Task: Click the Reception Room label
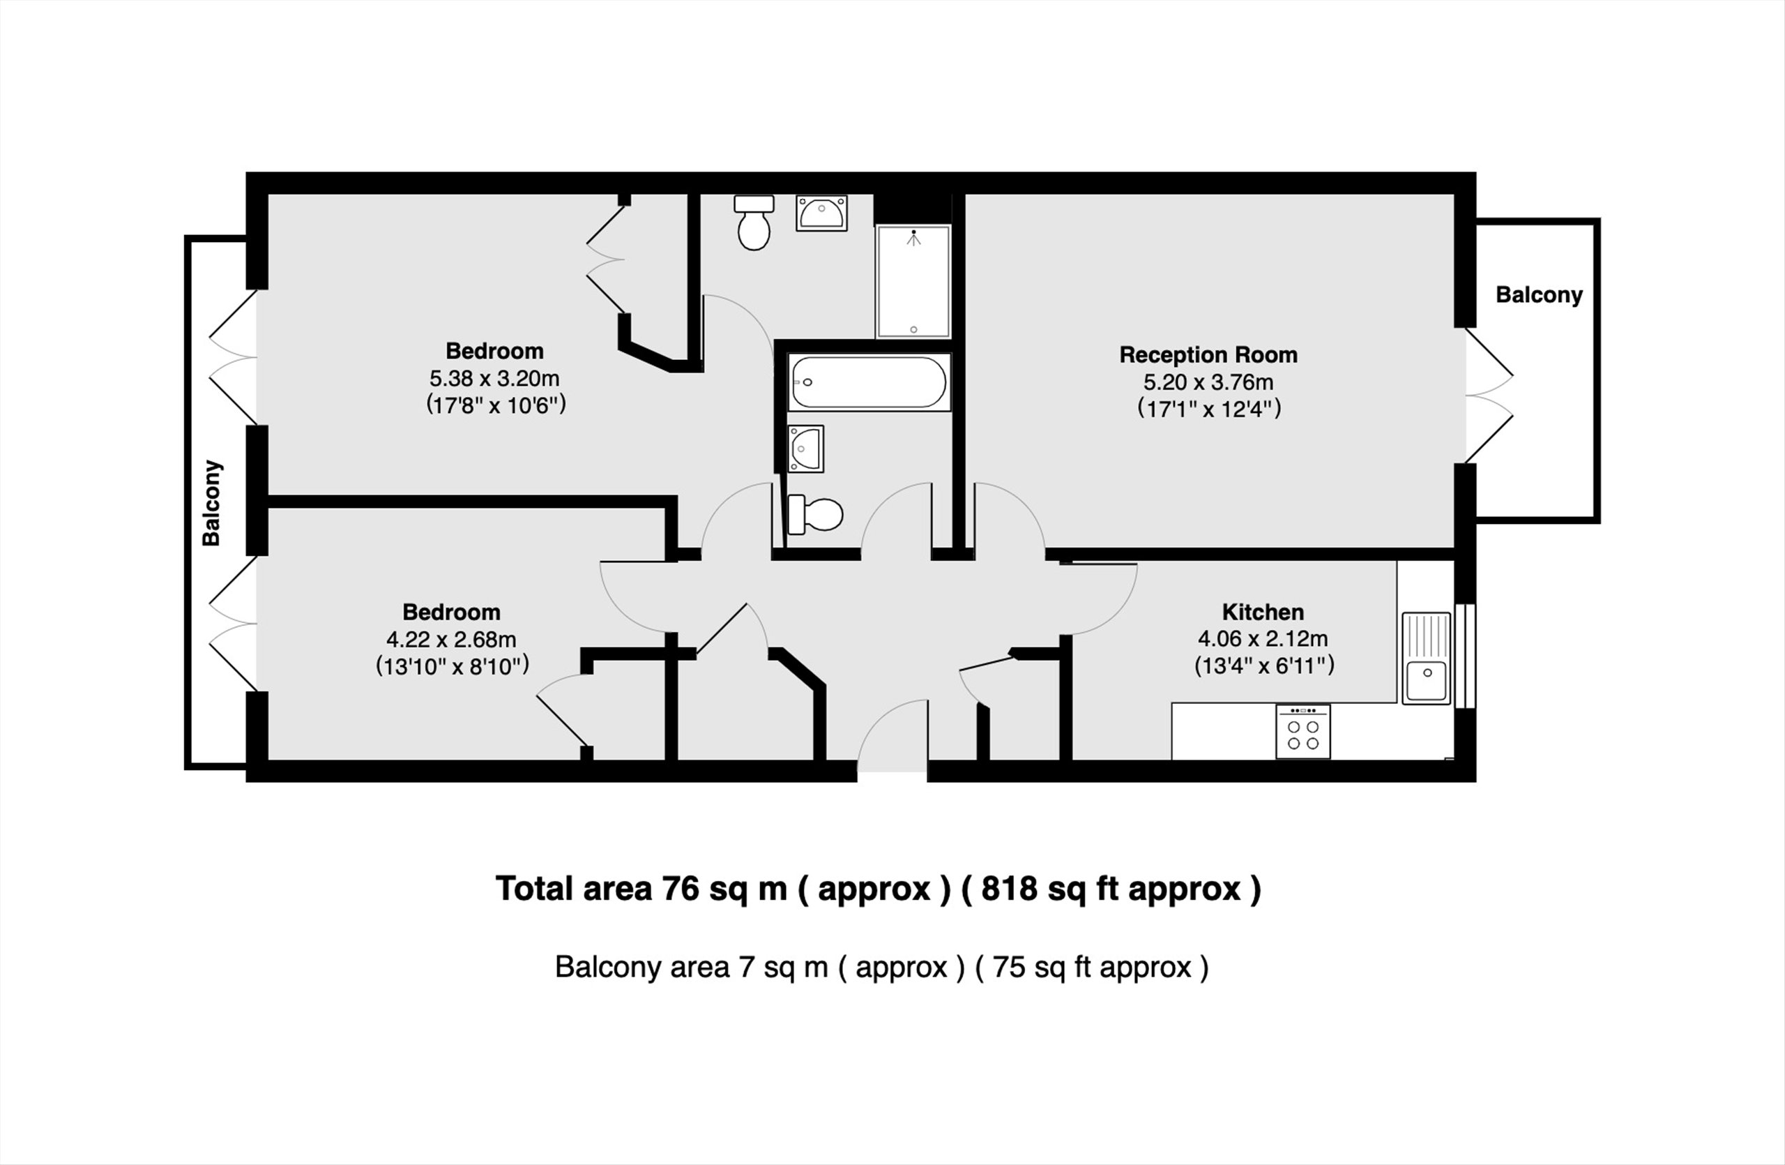[1208, 355]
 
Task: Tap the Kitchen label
[1263, 612]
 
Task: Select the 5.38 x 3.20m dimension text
[494, 378]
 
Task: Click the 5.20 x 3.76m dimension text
[1208, 382]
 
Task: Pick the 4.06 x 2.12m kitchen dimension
[1263, 639]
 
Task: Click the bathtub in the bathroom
[869, 382]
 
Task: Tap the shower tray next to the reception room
[913, 281]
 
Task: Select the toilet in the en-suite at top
[754, 222]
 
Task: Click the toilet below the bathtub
[814, 515]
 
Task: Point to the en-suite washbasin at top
[822, 213]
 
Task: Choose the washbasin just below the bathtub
[805, 449]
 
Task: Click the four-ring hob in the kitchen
[1303, 731]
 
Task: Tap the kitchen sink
[1427, 659]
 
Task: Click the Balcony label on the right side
[1539, 295]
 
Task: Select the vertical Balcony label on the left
[211, 502]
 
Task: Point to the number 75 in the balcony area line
[1009, 967]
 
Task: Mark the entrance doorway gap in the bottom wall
[892, 771]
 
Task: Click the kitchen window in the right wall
[1466, 656]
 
